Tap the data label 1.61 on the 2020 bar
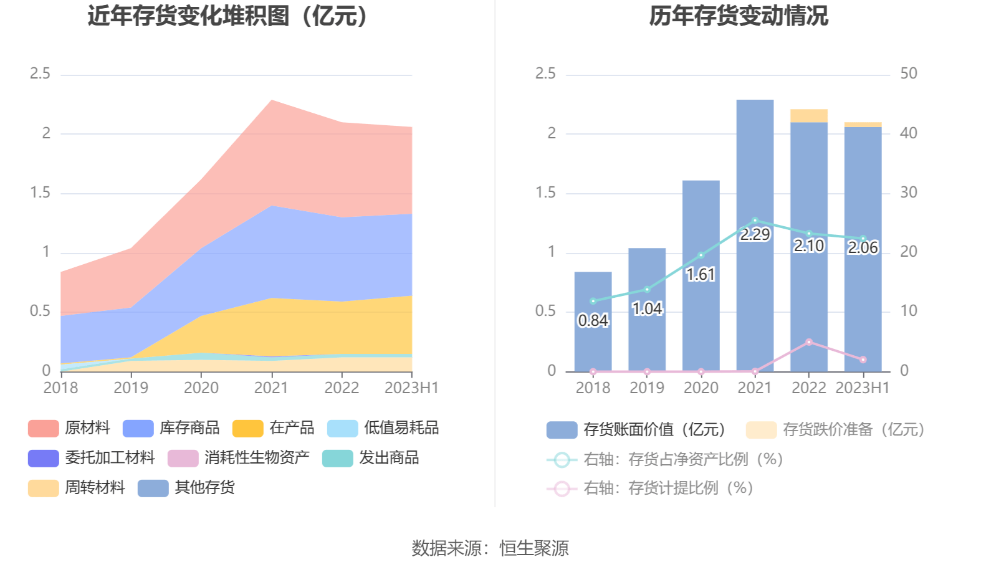pyautogui.click(x=701, y=275)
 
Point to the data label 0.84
pyautogui.click(x=593, y=321)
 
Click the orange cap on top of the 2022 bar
pyautogui.click(x=809, y=116)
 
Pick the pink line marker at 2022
pyautogui.click(x=809, y=342)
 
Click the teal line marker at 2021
pyautogui.click(x=755, y=221)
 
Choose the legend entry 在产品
pyautogui.click(x=274, y=428)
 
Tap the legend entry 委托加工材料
pyautogui.click(x=92, y=458)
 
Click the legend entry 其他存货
pyautogui.click(x=186, y=488)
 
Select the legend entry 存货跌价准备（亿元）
pyautogui.click(x=835, y=430)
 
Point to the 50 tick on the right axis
pyautogui.click(x=908, y=74)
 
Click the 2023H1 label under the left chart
pyautogui.click(x=411, y=388)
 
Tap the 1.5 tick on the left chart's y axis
pyautogui.click(x=40, y=193)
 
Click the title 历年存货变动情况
pyautogui.click(x=739, y=16)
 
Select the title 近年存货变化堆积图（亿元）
pyautogui.click(x=227, y=16)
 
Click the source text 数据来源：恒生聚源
pyautogui.click(x=490, y=548)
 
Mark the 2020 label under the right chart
pyautogui.click(x=701, y=388)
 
